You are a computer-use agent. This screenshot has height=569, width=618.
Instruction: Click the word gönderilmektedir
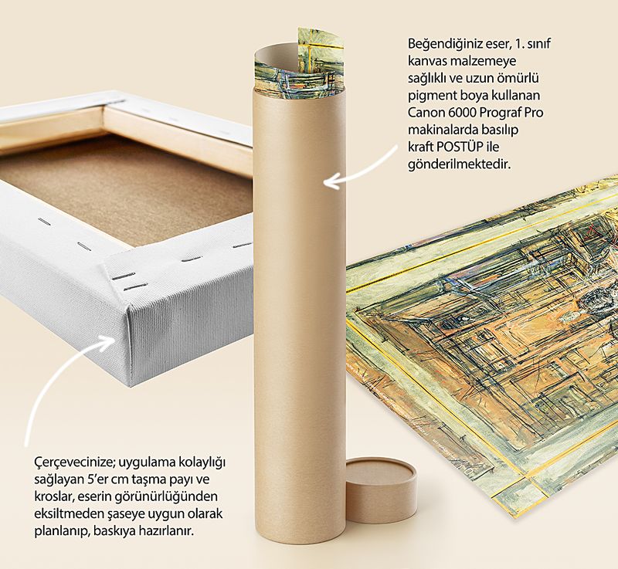pyautogui.click(x=459, y=164)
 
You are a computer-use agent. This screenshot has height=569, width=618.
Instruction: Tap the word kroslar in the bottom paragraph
pyautogui.click(x=53, y=496)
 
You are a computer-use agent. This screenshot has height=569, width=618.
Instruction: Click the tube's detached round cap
pyautogui.click(x=381, y=488)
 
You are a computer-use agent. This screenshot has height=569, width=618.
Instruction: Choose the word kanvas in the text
pyautogui.click(x=427, y=61)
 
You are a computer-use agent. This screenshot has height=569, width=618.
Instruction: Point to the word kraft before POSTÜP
pyautogui.click(x=419, y=147)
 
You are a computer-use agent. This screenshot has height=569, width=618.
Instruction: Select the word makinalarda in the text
pyautogui.click(x=440, y=130)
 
